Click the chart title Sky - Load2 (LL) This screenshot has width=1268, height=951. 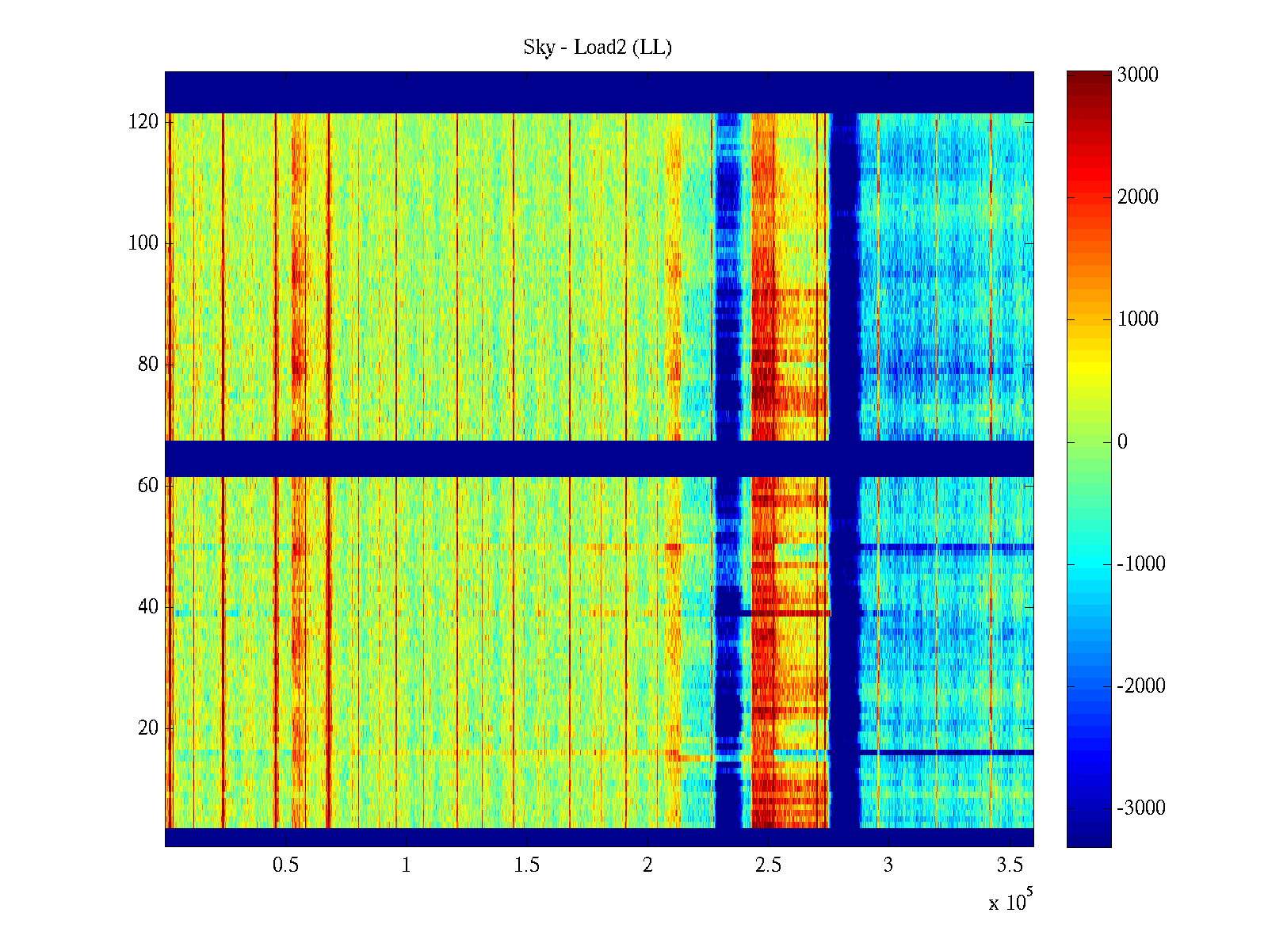coord(598,48)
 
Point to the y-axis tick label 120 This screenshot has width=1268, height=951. coord(143,122)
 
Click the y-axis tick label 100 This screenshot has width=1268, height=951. coord(143,243)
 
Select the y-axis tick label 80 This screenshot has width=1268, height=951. coord(148,365)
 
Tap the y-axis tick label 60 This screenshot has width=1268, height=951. coord(148,486)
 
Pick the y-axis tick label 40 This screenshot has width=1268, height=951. coord(148,607)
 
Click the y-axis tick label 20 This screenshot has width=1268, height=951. coord(148,728)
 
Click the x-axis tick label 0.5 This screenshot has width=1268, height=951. coord(286,865)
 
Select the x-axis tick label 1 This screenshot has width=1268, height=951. coord(407,865)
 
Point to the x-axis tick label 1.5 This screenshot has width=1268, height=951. coord(527,865)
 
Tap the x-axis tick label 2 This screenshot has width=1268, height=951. coord(647,865)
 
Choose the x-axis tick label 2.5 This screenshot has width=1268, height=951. coord(768,865)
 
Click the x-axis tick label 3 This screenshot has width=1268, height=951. coord(888,865)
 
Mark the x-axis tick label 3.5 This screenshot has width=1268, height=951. coord(1009,865)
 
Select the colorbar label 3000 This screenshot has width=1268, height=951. coord(1138,75)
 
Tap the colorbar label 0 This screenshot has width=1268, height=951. coord(1122,442)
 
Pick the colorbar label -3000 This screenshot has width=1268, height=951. coord(1141,808)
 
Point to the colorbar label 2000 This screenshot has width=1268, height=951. coord(1138,197)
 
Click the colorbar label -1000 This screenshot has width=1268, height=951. coord(1141,564)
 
